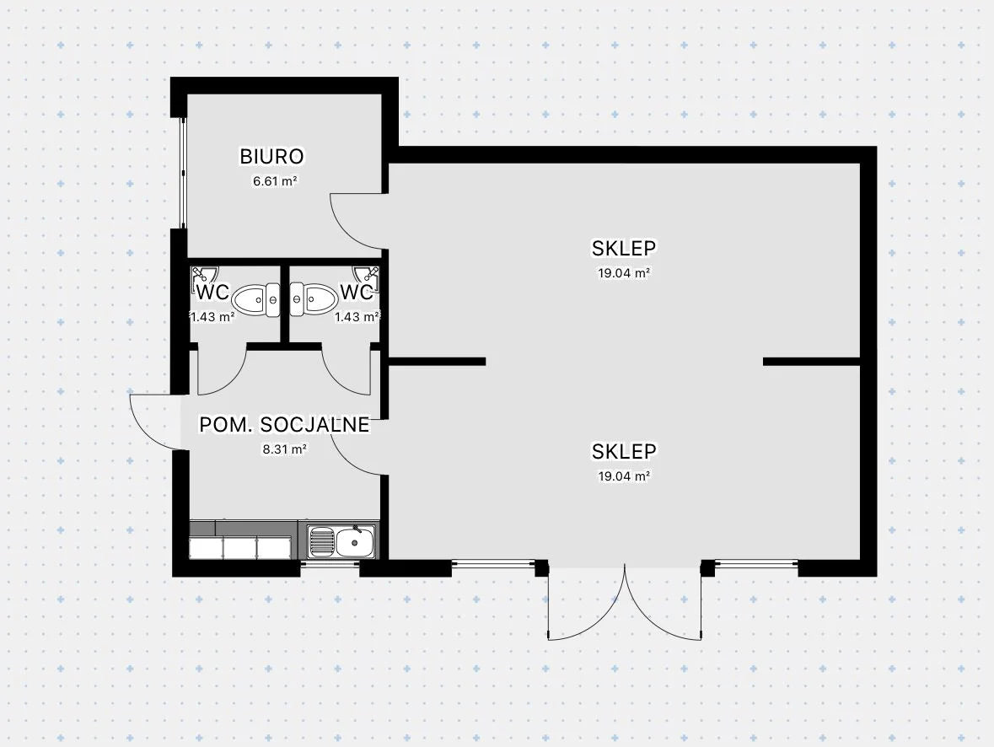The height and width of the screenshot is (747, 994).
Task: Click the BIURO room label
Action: (x=271, y=156)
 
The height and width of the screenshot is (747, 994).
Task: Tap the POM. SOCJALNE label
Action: (x=284, y=425)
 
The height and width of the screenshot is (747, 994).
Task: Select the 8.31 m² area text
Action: (x=284, y=449)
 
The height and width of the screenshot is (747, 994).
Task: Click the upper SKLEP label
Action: (x=624, y=248)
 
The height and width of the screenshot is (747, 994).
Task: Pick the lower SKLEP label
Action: (x=624, y=451)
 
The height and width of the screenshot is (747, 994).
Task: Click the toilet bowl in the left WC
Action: (x=253, y=299)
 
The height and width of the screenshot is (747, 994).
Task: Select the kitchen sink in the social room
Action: (x=341, y=541)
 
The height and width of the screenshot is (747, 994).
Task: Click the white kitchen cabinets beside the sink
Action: (x=240, y=547)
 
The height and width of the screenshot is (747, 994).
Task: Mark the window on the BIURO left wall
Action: (x=180, y=173)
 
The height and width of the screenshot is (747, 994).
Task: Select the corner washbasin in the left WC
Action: (x=202, y=276)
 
